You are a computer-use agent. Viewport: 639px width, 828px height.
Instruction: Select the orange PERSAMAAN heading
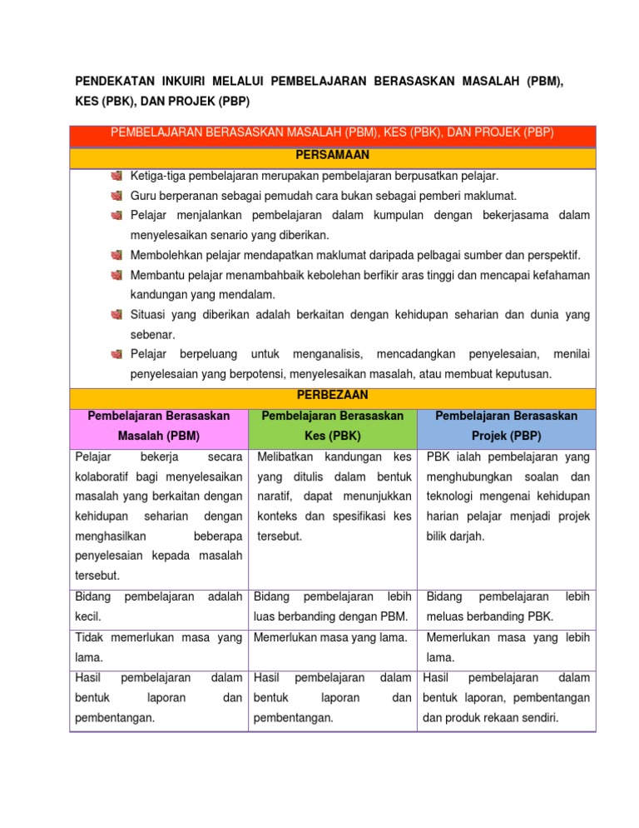pos(332,156)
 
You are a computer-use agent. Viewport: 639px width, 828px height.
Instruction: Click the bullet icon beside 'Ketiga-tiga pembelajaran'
pos(116,177)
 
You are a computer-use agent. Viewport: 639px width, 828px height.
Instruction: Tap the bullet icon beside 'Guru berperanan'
pos(116,196)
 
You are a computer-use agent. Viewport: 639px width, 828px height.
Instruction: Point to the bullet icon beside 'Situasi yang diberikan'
pos(116,315)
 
